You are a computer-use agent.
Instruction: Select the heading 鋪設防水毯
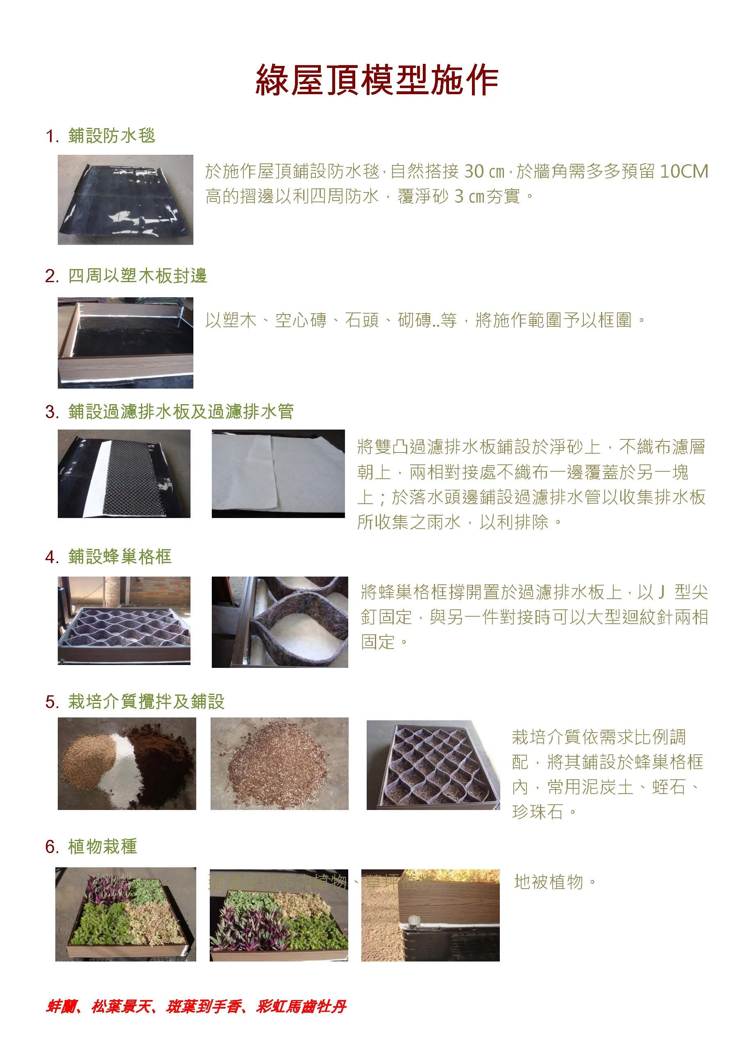(111, 136)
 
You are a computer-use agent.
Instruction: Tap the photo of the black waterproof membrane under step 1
(125, 200)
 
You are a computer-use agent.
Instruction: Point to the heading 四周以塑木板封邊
(138, 276)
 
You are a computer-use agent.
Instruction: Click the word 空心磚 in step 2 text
(301, 320)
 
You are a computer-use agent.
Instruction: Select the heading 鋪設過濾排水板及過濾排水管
(181, 412)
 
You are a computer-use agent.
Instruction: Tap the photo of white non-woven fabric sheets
(278, 473)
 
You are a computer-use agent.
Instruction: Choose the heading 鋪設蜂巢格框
(120, 557)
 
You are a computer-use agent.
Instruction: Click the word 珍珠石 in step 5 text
(537, 812)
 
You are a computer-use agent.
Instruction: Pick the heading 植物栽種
(102, 846)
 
